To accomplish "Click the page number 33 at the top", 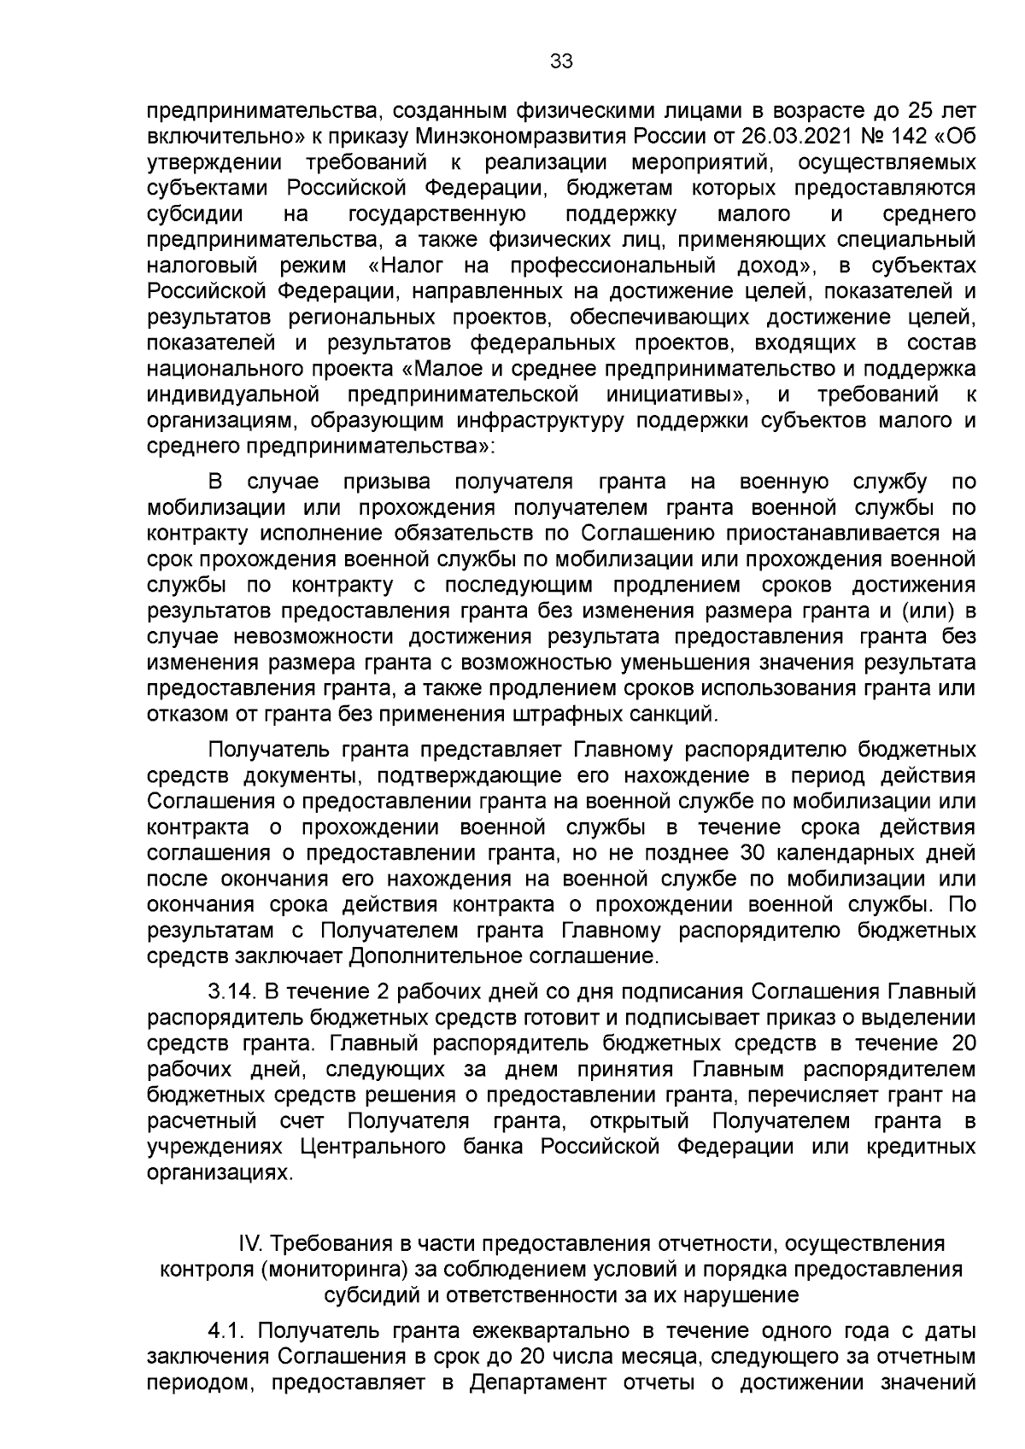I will (560, 61).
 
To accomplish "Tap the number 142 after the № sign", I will (920, 136).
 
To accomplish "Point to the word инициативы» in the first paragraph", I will (679, 394).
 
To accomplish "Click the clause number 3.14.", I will (232, 992).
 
